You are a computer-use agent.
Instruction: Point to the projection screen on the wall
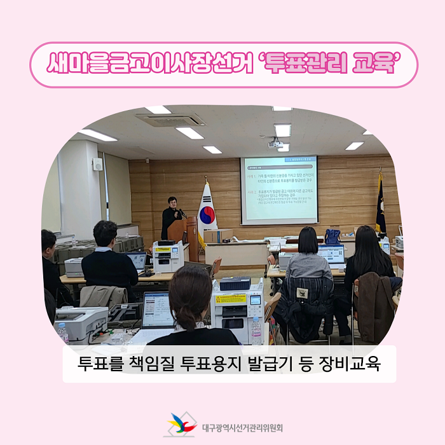(278, 189)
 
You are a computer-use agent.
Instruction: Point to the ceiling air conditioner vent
(169, 120)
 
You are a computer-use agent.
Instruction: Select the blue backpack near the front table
(332, 236)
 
